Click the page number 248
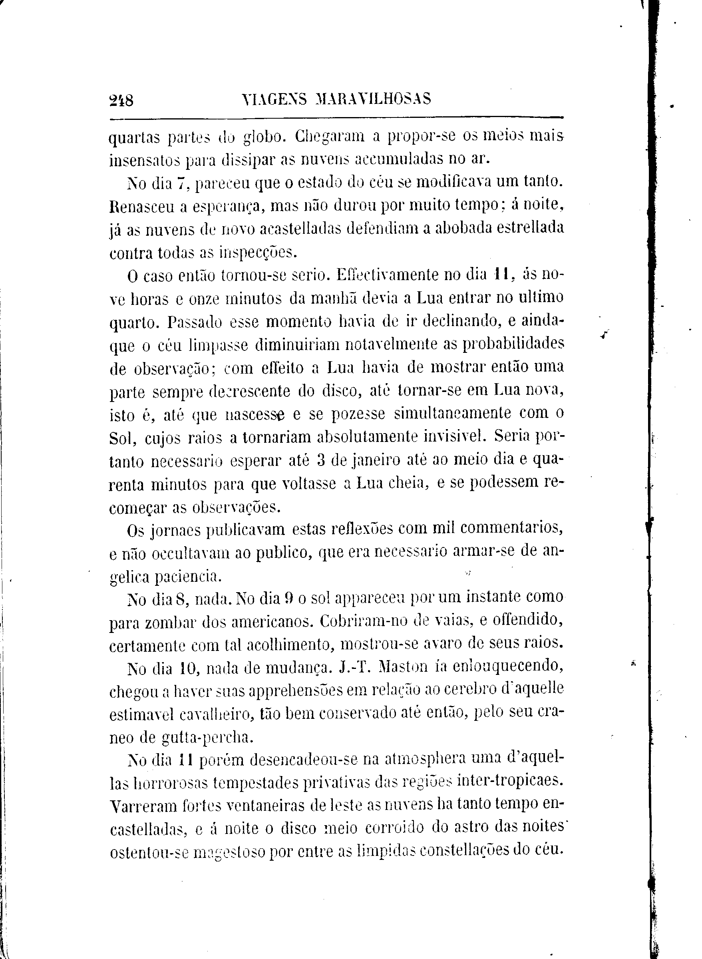click(x=121, y=100)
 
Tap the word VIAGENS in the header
click(x=274, y=99)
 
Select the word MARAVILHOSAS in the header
click(x=373, y=99)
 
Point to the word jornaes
click(x=176, y=530)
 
